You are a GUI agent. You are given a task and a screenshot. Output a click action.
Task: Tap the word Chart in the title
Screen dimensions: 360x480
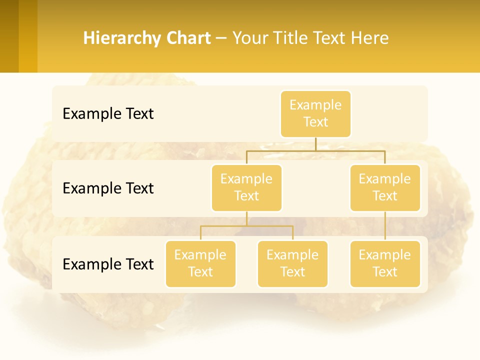(x=189, y=38)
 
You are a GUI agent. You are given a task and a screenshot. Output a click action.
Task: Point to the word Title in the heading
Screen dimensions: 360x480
(x=295, y=38)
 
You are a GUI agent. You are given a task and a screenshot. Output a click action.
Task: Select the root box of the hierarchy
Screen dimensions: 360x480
(x=315, y=113)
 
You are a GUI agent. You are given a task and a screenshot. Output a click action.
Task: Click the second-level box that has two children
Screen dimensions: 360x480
(x=246, y=187)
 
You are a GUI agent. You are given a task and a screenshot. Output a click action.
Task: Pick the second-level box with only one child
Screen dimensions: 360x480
(x=385, y=187)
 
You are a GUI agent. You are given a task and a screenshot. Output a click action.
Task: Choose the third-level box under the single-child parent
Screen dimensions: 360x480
(x=385, y=263)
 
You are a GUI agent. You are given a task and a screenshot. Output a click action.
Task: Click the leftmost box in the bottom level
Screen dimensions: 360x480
(x=200, y=263)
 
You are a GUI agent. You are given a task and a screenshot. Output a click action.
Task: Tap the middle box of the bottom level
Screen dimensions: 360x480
(x=292, y=263)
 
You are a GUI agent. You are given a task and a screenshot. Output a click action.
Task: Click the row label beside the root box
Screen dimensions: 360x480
(x=108, y=114)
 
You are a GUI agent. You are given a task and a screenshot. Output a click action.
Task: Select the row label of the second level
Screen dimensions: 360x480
(x=108, y=188)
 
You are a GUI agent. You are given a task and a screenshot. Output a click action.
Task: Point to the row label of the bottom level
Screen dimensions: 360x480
(x=108, y=264)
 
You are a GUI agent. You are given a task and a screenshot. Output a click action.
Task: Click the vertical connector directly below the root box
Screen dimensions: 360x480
(x=315, y=143)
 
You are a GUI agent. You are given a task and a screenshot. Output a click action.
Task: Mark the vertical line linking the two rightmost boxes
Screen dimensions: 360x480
(x=385, y=226)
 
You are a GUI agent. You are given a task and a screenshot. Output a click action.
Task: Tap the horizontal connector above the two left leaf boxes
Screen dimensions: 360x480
(x=246, y=226)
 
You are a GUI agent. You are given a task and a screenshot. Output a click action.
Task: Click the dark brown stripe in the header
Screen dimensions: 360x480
(x=9, y=36)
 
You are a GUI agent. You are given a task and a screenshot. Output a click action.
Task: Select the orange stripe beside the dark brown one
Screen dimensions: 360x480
(x=28, y=36)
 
